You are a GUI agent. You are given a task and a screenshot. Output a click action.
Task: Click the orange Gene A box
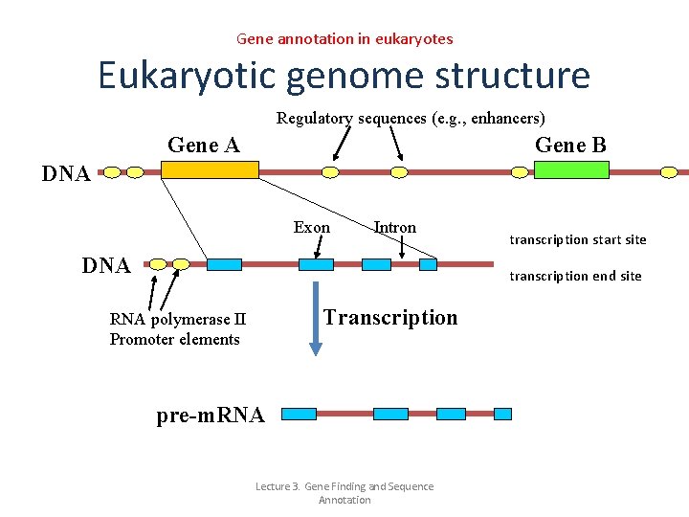[x=210, y=169]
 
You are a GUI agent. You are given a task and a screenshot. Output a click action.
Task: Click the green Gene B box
[x=570, y=169]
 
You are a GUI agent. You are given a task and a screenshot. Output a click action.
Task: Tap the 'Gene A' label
[x=203, y=145]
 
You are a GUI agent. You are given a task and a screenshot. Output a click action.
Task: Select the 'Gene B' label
[x=570, y=145]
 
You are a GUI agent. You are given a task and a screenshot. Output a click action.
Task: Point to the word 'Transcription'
[x=390, y=318]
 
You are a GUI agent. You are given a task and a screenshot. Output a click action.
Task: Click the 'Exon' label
[x=311, y=228]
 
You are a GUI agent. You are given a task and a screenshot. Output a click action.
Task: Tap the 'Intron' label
[x=395, y=228]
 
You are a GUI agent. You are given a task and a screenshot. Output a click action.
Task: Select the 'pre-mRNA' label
[x=210, y=416]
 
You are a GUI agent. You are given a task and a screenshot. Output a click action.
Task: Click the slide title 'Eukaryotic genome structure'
[x=344, y=75]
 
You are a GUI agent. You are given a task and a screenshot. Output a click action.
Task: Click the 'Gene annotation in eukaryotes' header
[x=344, y=39]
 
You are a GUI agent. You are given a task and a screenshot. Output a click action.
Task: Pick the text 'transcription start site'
[x=577, y=239]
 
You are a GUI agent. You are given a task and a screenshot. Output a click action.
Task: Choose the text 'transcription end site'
[x=575, y=276]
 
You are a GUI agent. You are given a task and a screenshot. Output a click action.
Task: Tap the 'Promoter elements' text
[x=174, y=340]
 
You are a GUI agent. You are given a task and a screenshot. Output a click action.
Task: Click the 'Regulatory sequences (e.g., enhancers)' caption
[x=411, y=119]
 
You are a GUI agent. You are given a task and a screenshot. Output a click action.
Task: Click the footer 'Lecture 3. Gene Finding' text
[x=344, y=487]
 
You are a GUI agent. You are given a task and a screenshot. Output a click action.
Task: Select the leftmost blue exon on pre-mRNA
[x=299, y=414]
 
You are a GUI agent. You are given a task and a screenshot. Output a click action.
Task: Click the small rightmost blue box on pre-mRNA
[x=502, y=414]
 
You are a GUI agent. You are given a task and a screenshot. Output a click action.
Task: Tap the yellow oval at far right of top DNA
[x=669, y=172]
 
